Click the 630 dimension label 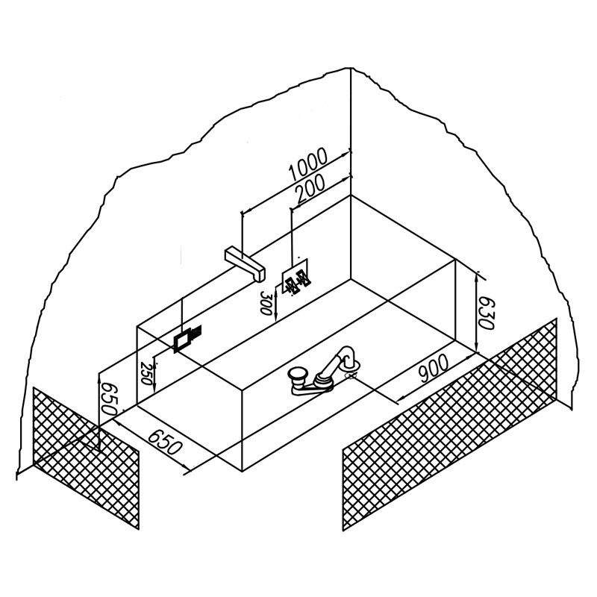point(486,313)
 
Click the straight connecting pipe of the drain point(329,369)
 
